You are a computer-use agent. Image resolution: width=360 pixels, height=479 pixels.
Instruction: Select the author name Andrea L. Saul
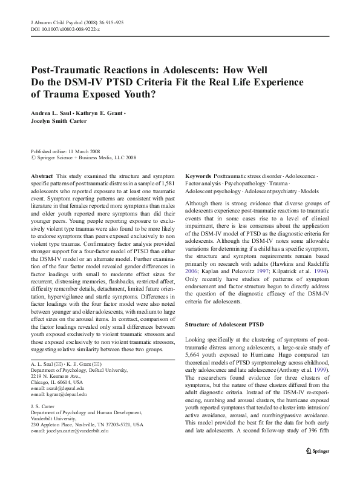[x=52, y=113]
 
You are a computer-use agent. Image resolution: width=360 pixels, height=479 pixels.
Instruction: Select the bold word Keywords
[x=198, y=174]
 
